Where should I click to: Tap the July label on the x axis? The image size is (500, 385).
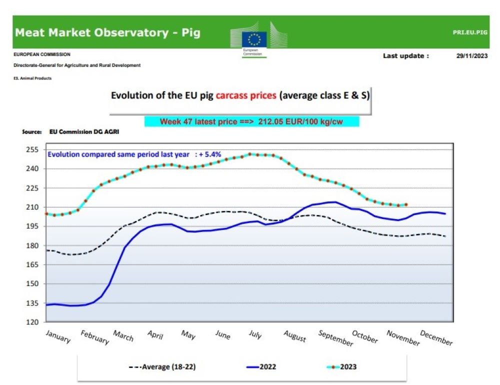[255, 334]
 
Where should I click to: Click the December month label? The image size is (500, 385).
[436, 338]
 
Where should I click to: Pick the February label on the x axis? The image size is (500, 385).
[94, 337]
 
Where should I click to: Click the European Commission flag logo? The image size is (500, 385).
[254, 38]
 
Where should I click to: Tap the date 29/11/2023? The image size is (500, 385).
[471, 56]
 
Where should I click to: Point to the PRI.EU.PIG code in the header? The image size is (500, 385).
[470, 33]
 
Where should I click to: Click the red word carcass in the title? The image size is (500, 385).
[246, 95]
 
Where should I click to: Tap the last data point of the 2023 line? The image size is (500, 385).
[406, 204]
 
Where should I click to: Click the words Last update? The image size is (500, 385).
[405, 56]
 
